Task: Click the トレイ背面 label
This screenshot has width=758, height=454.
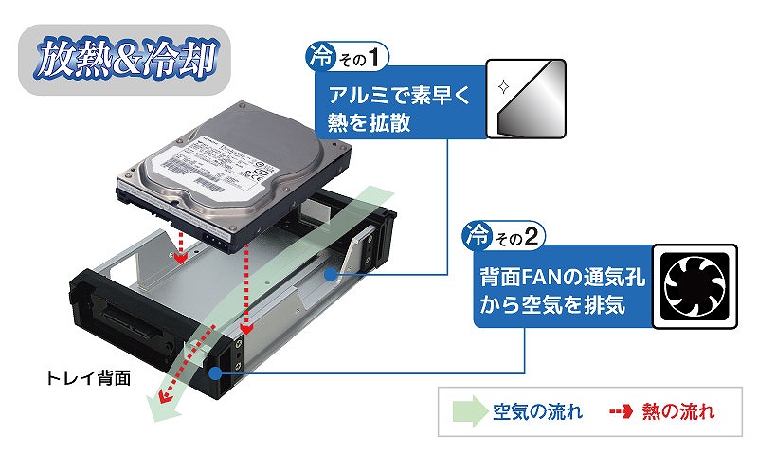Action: [89, 376]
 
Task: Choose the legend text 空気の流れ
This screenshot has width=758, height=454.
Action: [537, 412]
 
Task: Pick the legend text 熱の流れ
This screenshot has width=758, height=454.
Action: [677, 412]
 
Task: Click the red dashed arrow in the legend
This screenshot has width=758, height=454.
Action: [620, 412]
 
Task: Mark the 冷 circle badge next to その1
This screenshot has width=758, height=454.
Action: [318, 57]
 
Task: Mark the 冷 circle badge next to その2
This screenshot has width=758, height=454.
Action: [473, 233]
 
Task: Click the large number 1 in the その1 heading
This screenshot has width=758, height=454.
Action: [377, 58]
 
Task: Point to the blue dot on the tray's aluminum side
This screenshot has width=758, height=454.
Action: [328, 275]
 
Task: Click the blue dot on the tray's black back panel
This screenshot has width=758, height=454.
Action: [217, 373]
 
